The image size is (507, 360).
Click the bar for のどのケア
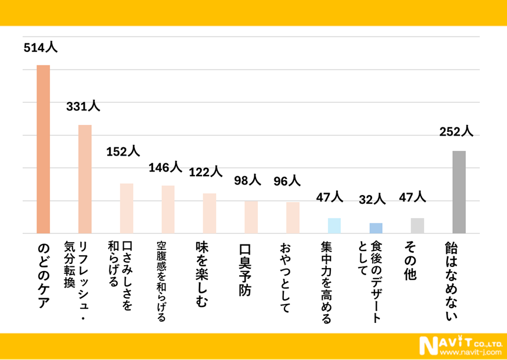click(x=44, y=148)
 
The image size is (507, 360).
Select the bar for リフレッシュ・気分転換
click(x=85, y=179)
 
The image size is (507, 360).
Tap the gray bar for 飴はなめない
click(x=459, y=191)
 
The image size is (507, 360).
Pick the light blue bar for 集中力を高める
click(x=334, y=225)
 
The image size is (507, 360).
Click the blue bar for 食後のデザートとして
click(x=376, y=228)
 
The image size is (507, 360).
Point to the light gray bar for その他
click(x=417, y=225)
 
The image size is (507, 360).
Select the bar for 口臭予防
click(x=251, y=217)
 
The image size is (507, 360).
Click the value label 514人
click(x=40, y=48)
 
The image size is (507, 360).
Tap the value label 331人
click(x=82, y=107)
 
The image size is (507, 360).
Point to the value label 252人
click(x=456, y=131)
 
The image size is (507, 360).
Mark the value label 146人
click(x=165, y=168)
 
